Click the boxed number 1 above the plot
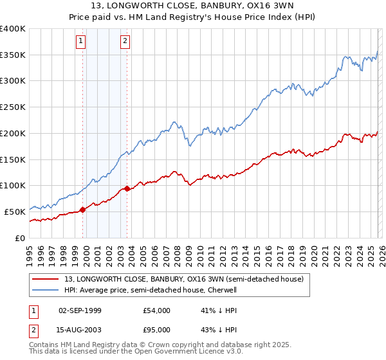(x=82, y=42)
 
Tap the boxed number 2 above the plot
(x=125, y=42)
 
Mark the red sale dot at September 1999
(x=83, y=210)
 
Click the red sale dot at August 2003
(x=127, y=188)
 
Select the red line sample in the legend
(x=46, y=279)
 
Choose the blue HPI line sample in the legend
(x=46, y=290)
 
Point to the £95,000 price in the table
(x=156, y=330)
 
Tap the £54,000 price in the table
(x=156, y=310)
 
